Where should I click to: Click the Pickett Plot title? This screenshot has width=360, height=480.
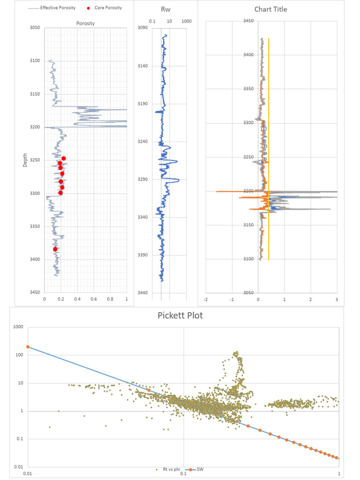pos(180,315)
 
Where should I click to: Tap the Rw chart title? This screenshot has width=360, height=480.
pos(165,9)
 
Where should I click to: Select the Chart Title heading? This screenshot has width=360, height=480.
pos(270,9)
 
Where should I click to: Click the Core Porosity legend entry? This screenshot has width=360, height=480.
pos(105,7)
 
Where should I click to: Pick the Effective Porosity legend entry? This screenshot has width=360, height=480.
pos(52,7)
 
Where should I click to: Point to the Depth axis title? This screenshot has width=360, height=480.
pos(25,160)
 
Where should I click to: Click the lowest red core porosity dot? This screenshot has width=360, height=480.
pos(55,249)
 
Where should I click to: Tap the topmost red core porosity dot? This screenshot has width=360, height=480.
pos(64,158)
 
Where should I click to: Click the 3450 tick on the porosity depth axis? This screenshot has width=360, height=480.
pos(35,292)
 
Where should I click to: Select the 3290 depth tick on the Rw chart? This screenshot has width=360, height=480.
pos(142,180)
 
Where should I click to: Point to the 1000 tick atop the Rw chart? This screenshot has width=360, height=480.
pos(187,22)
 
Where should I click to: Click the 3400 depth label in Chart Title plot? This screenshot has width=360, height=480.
pos(248,55)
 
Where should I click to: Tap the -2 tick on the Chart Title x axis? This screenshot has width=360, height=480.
pos(206,300)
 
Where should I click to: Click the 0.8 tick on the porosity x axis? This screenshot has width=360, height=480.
pos(110,299)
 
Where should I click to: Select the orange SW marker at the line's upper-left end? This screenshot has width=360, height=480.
pos(28,347)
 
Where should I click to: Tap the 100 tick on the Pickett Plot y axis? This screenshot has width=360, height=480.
pos(19,355)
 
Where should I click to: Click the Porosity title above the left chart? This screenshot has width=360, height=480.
pos(85,23)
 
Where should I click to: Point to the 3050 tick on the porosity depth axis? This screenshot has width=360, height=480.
pos(35,28)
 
